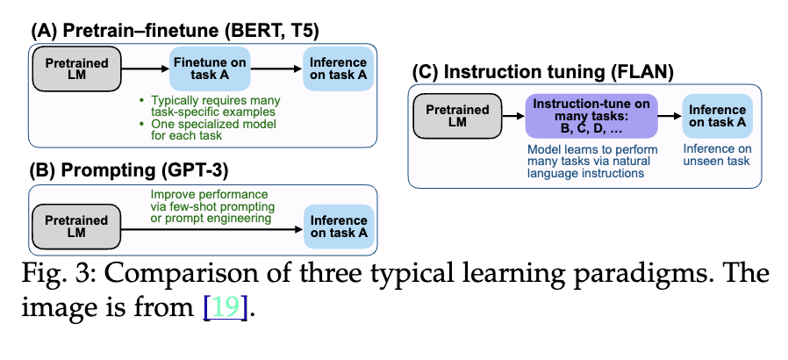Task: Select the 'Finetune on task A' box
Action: click(x=210, y=69)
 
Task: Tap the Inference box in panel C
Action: click(x=718, y=116)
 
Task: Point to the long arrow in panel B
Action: click(x=211, y=230)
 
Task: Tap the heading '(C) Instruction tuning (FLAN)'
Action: click(x=544, y=73)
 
